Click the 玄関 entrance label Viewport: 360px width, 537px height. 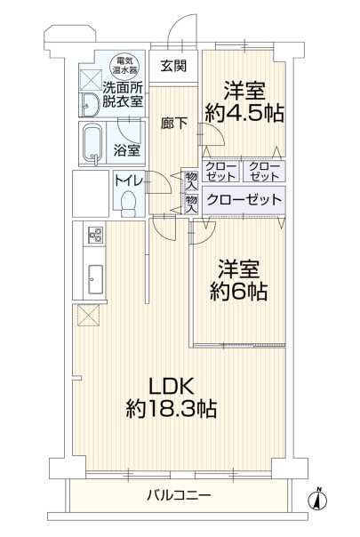[173, 66]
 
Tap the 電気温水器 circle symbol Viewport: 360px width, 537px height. [125, 66]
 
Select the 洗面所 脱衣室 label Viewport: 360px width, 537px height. [123, 95]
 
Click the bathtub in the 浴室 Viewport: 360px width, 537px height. [92, 145]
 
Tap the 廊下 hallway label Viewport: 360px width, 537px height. [173, 123]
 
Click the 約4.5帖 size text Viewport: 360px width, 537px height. [244, 103]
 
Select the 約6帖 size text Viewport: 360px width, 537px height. [238, 280]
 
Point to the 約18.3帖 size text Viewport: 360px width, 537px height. [171, 408]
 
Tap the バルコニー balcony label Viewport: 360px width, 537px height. [180, 495]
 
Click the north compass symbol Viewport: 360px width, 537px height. [317, 500]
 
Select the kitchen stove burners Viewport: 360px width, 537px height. [96, 235]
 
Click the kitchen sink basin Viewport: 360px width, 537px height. [96, 279]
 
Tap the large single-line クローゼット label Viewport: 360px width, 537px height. [244, 199]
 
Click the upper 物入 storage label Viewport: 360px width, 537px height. [191, 181]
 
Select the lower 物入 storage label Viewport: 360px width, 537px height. [191, 204]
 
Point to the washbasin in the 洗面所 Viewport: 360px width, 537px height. [91, 104]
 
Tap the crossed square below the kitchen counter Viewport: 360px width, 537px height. [89, 315]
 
